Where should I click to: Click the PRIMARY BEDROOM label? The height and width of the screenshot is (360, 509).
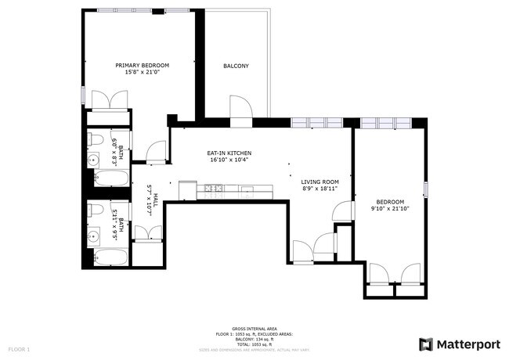coord(142,66)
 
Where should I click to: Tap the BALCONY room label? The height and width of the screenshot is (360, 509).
coord(236,67)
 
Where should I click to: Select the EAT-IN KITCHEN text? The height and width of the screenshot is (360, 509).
coord(229,153)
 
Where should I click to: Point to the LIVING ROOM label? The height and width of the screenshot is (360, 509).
coord(319,182)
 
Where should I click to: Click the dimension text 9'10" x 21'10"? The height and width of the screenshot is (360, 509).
coord(389,208)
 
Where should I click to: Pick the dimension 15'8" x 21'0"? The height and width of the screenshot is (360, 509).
coord(142,73)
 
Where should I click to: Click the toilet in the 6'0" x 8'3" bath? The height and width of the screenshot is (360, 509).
coord(96,140)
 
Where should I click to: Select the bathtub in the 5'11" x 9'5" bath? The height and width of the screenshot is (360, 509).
coord(110,257)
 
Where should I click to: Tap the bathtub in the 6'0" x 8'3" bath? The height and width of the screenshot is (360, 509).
coord(110,178)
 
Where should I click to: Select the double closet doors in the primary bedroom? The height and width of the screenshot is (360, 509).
coord(110,100)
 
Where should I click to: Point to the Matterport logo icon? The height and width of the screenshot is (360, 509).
coord(426,344)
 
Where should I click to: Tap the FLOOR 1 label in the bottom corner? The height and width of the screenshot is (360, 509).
coord(19,348)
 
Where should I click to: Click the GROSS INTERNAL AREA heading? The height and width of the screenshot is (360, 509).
coord(254,329)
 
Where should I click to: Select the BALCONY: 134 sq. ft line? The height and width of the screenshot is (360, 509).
coord(254,339)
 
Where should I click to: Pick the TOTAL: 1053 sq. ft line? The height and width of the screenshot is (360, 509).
coord(254,344)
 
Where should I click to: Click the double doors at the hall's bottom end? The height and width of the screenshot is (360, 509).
coord(148,233)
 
